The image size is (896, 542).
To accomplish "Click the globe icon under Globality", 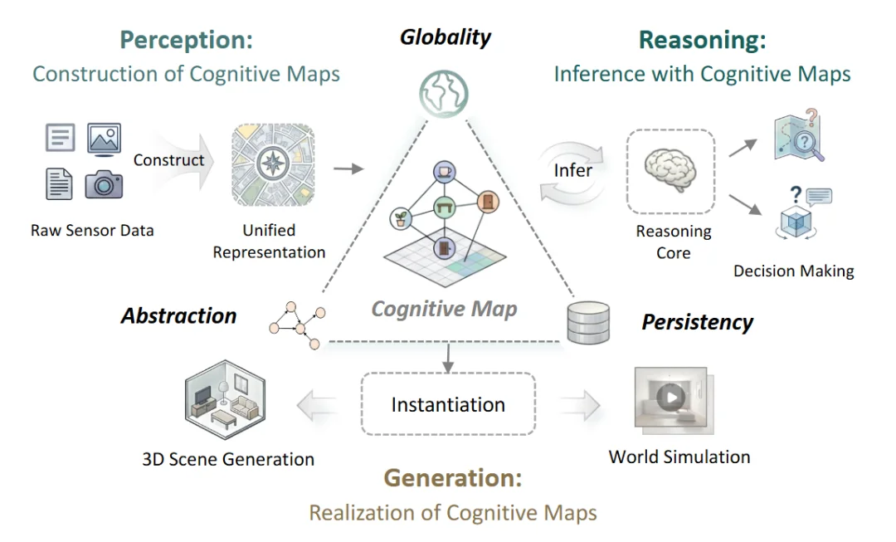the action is (444, 93).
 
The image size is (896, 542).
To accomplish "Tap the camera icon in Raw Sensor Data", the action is (104, 184).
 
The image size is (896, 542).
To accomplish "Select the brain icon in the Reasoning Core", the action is (670, 170).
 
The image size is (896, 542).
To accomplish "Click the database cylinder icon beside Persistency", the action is (588, 323).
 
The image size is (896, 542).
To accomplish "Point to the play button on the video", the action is (671, 396).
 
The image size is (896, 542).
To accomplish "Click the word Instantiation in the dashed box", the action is (448, 405).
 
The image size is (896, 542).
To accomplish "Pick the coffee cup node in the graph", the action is (444, 172).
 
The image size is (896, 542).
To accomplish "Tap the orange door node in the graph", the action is (488, 202).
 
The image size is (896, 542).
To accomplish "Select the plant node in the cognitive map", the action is (401, 219).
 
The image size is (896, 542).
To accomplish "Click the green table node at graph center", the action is (444, 207).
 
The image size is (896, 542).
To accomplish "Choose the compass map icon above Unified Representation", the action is (273, 164).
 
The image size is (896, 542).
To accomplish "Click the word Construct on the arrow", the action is (168, 160).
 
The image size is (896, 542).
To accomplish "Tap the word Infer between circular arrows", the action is (572, 170).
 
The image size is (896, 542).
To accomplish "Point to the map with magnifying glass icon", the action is (799, 135).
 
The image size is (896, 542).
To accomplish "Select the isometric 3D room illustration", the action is (225, 399).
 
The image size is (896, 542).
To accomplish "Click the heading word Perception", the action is (187, 40).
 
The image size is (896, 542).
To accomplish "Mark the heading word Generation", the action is (453, 478).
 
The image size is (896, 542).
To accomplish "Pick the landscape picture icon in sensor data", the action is (104, 139).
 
